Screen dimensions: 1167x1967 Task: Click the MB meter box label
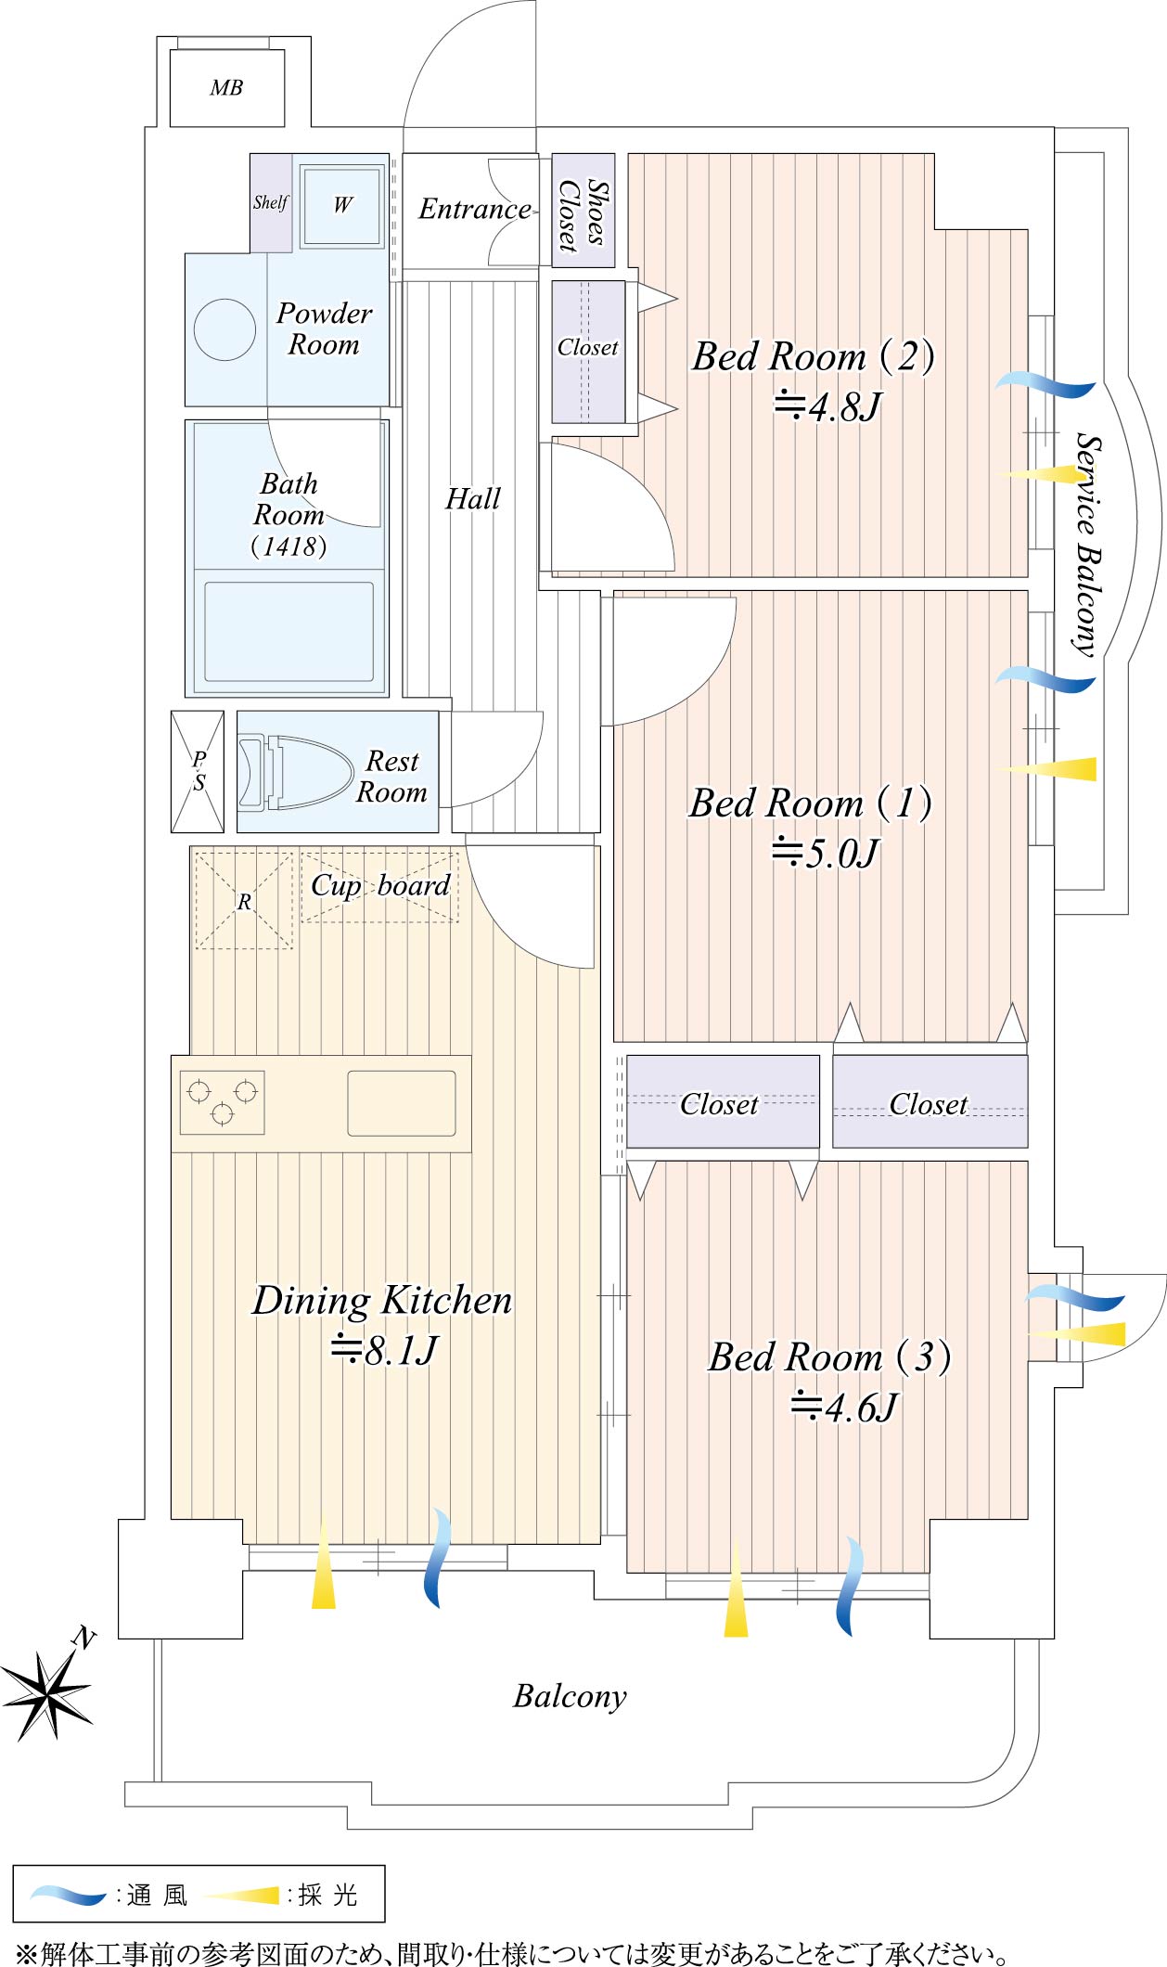click(226, 88)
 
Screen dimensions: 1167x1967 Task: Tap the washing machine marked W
click(342, 204)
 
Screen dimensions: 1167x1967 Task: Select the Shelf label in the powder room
click(271, 202)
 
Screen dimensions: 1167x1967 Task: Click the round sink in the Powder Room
click(224, 329)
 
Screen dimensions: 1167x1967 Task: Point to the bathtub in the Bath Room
click(289, 632)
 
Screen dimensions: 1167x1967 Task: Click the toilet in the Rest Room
click(296, 772)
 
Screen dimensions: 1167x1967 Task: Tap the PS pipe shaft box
click(198, 771)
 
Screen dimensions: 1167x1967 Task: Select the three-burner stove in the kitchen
click(223, 1102)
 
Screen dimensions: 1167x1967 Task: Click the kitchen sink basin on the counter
click(402, 1103)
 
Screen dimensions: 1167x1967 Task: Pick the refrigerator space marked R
click(244, 900)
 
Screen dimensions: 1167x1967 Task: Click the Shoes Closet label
click(583, 212)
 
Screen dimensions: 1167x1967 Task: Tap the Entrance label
click(475, 209)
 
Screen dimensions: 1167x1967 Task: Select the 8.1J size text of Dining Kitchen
click(384, 1350)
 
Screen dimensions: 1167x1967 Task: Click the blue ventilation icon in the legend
click(68, 1894)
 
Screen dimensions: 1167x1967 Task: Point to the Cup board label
click(380, 886)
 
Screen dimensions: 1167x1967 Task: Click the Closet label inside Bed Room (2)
click(587, 347)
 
